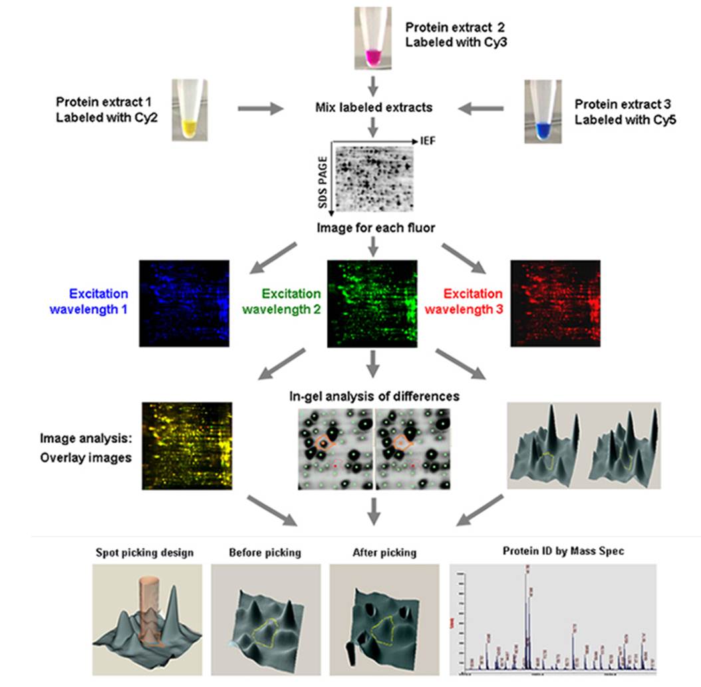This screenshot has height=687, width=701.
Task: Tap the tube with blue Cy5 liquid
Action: coord(543,111)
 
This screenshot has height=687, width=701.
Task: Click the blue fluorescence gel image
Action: coord(184,303)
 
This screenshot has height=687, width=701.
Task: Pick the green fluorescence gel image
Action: coord(372,303)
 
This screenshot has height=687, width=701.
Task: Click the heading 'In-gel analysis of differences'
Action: coord(374,396)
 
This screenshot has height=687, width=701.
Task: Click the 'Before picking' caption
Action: coord(256,553)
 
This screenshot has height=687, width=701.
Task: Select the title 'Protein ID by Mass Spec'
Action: coord(554,553)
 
